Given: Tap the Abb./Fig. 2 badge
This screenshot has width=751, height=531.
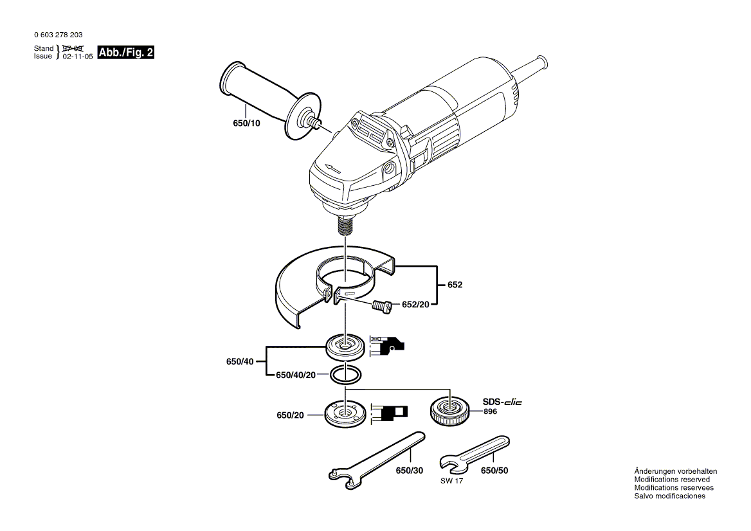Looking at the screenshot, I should click(x=126, y=53).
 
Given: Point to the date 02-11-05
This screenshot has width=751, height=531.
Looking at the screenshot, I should click(x=78, y=57).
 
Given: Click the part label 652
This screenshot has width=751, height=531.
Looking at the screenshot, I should click(x=455, y=284).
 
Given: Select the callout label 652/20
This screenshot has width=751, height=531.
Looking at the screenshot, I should click(x=415, y=304).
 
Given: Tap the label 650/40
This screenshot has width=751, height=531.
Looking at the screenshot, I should click(x=239, y=362).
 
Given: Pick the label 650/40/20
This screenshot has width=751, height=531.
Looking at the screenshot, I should click(x=296, y=375).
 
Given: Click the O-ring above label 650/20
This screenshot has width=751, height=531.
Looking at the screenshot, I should click(x=346, y=373).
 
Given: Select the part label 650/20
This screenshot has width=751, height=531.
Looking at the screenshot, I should click(x=290, y=416).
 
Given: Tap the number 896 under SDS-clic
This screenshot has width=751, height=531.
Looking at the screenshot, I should click(x=491, y=411).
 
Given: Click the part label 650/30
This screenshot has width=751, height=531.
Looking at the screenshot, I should click(x=410, y=471).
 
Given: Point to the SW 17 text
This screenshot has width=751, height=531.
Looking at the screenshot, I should click(x=451, y=482).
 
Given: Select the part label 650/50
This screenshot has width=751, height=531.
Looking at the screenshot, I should click(x=494, y=471).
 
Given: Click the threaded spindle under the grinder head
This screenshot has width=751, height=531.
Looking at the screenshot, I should click(x=346, y=226).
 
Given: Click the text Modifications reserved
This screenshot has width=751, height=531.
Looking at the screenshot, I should click(x=672, y=480).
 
